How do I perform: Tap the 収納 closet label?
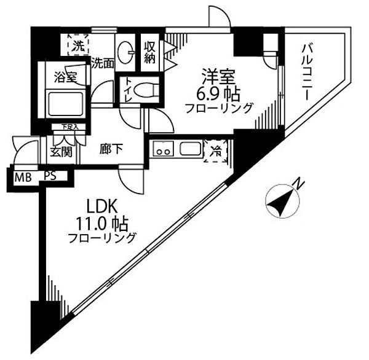[151, 53]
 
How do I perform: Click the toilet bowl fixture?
[145, 90]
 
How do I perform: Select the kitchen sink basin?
[190, 149]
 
